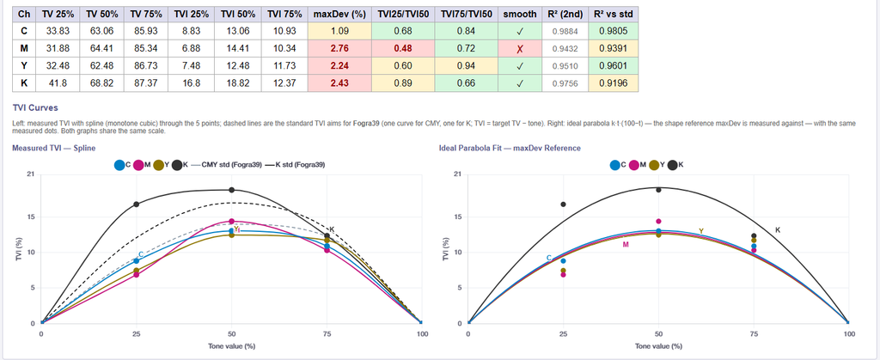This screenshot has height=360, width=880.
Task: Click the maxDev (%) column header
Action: (x=339, y=14)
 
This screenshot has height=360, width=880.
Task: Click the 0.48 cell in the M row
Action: (x=402, y=49)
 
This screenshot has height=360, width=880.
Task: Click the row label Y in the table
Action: (x=23, y=66)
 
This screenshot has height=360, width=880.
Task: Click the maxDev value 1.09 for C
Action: (x=339, y=32)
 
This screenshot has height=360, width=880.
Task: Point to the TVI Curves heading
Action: (x=35, y=107)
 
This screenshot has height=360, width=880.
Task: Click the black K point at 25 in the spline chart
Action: (x=137, y=204)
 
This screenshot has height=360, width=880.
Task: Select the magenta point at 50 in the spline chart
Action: (x=232, y=222)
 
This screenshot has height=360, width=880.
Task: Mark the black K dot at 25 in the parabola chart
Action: (x=564, y=204)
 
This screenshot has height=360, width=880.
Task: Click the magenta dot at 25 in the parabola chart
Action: (x=564, y=275)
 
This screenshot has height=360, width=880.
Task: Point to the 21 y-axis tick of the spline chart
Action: (x=30, y=174)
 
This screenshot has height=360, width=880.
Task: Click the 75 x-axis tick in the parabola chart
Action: (x=755, y=334)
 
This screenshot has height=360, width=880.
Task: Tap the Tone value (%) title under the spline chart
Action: (x=230, y=346)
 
